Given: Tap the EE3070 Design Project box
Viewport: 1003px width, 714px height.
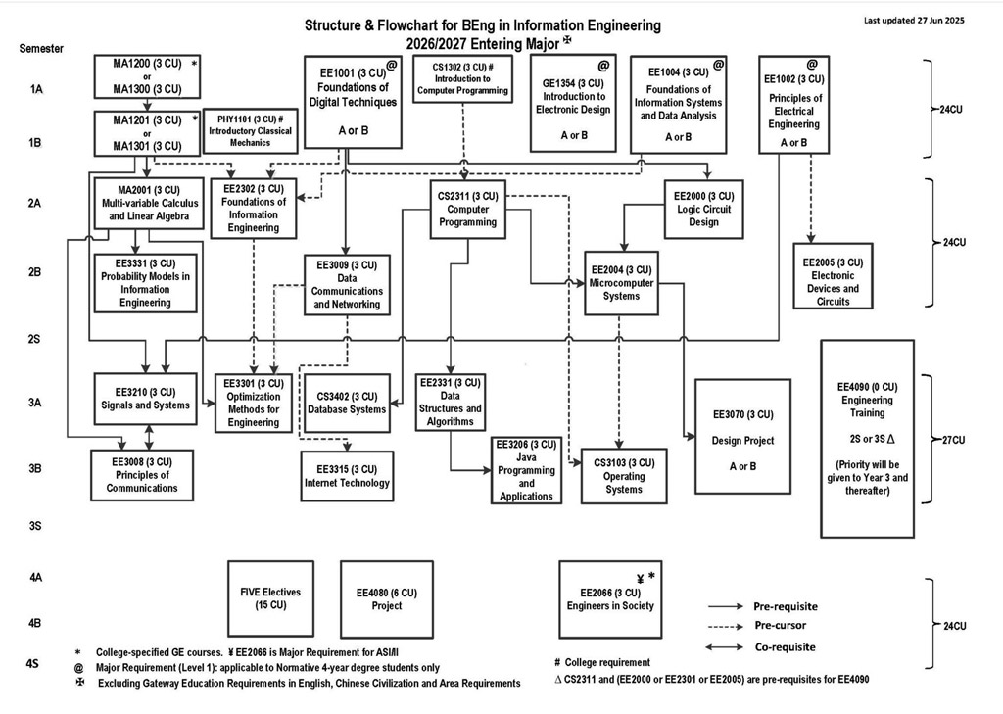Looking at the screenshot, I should click(x=742, y=436).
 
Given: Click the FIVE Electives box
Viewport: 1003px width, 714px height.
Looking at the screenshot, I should click(x=270, y=598).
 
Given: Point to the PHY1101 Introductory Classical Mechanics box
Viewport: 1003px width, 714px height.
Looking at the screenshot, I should click(x=246, y=131).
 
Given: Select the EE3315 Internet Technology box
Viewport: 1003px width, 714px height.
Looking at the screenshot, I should click(x=347, y=476).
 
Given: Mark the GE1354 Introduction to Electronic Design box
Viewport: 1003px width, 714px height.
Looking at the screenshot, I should click(x=574, y=103).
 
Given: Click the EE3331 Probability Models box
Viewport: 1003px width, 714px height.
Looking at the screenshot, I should click(x=146, y=283).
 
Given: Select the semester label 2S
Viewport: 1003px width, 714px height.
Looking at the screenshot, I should click(x=35, y=339).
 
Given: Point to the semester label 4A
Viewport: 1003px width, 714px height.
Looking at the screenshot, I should click(x=35, y=578).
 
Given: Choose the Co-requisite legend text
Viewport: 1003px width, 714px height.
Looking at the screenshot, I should click(x=784, y=646).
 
